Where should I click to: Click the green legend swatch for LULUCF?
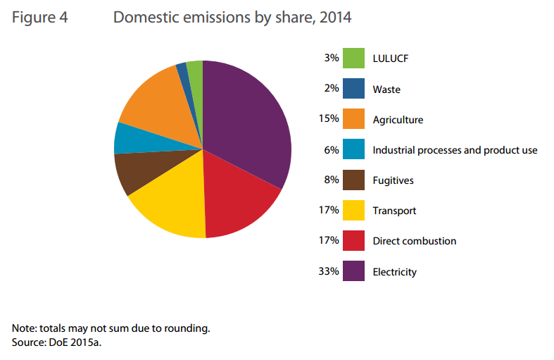click(354, 58)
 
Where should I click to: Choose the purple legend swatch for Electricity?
click(354, 271)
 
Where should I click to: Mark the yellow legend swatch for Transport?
click(354, 210)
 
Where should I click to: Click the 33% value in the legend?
click(329, 271)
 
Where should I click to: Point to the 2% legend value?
click(332, 89)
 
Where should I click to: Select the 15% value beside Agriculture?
click(329, 119)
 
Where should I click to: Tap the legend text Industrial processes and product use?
click(455, 150)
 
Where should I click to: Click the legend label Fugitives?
click(393, 180)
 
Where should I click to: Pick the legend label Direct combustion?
click(415, 241)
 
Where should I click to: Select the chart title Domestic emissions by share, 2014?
click(232, 18)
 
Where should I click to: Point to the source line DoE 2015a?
click(62, 343)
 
